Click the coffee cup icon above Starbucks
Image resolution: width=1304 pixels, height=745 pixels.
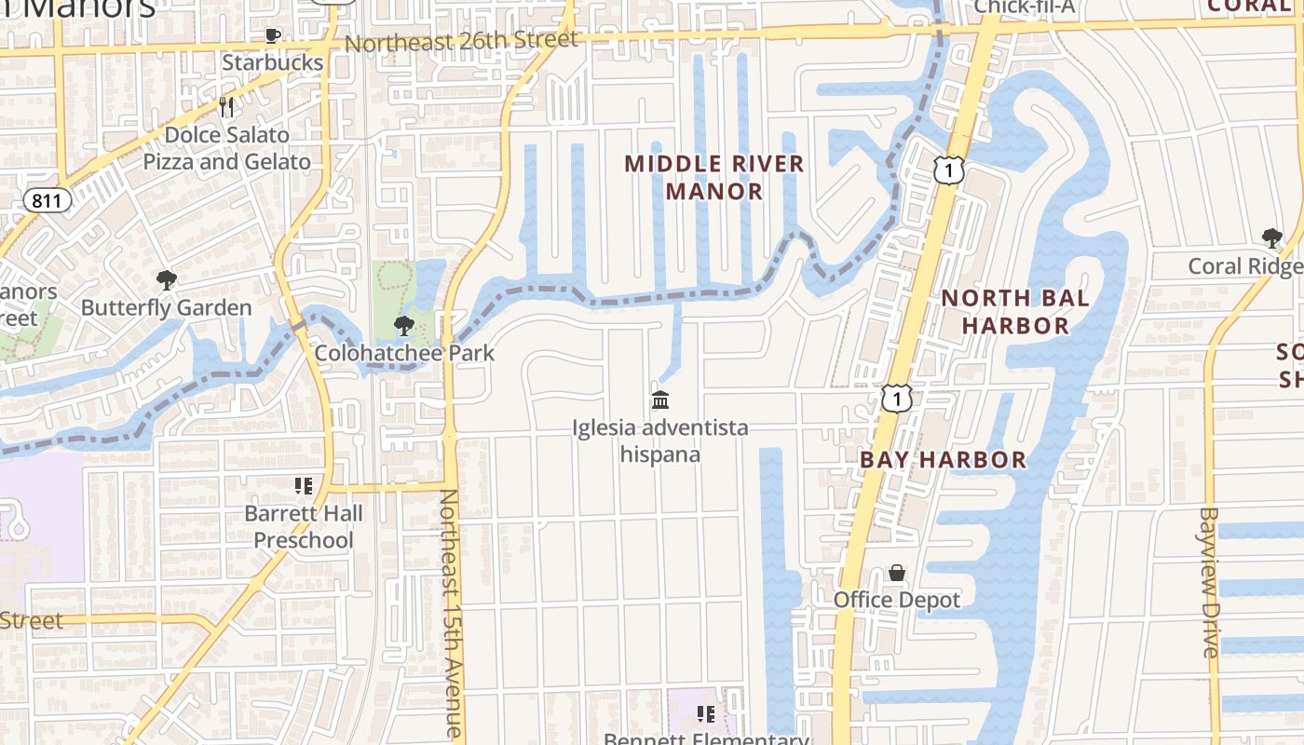(272, 36)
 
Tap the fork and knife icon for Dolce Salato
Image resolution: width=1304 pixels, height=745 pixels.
(226, 107)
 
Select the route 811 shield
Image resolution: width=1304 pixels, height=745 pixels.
(46, 200)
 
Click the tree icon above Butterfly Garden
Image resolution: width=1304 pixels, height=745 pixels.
(167, 280)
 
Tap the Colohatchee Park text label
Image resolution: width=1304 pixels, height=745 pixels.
(404, 354)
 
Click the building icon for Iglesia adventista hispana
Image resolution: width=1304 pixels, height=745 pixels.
(660, 400)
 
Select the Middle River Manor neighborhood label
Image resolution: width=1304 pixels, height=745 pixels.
(713, 178)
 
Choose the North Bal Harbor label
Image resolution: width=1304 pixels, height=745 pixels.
(1014, 312)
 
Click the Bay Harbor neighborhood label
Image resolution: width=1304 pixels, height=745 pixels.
(943, 459)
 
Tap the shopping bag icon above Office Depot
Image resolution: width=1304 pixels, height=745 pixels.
(896, 572)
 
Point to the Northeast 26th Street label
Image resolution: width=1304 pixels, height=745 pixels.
(461, 42)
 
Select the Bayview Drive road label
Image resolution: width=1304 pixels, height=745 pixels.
(1209, 582)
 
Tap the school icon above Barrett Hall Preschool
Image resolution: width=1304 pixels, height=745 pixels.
(304, 486)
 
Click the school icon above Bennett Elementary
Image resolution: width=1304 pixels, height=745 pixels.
(705, 714)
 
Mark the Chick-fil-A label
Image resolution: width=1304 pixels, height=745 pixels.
(1024, 8)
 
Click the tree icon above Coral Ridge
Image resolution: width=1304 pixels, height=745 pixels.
(1271, 238)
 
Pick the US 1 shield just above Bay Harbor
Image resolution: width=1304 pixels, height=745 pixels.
(896, 399)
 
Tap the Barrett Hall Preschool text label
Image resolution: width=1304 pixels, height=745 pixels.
(304, 527)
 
